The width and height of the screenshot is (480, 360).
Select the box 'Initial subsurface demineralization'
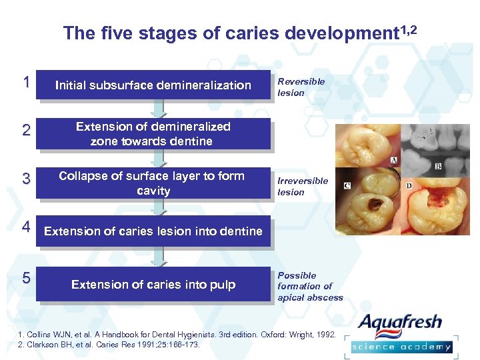[x=153, y=85]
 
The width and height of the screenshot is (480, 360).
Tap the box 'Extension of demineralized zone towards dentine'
[x=153, y=134]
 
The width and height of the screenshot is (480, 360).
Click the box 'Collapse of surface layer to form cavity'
[x=153, y=183]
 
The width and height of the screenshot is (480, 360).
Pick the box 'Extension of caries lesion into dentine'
[x=153, y=231]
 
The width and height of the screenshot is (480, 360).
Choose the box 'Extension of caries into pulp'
[x=153, y=285]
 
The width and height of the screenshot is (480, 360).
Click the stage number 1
[x=25, y=83]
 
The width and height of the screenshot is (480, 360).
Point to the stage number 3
[x=25, y=179]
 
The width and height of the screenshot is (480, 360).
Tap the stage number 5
[x=25, y=278]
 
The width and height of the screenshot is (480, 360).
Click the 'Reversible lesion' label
[x=301, y=87]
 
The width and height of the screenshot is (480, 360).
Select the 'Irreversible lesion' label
[x=302, y=187]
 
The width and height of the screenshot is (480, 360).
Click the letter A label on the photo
[x=395, y=160]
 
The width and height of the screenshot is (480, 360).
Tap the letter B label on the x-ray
[x=438, y=165]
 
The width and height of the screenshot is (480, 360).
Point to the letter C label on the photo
[x=347, y=185]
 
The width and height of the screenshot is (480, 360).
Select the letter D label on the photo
[x=408, y=185]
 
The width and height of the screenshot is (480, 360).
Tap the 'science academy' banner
[x=401, y=347]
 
